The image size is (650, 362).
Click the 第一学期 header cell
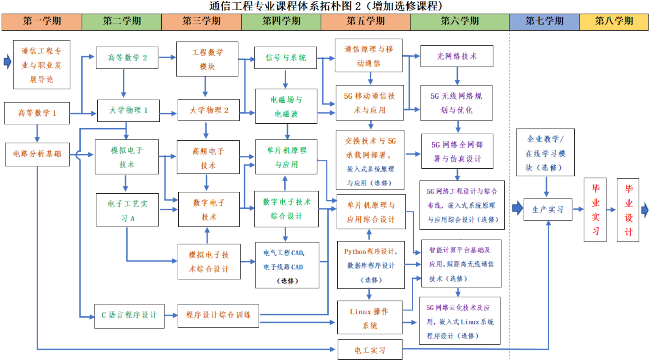pos(42,22)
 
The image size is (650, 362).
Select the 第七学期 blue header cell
pos(544,22)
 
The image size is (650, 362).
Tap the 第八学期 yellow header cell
pos(614,22)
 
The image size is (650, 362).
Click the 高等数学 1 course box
pos(37,113)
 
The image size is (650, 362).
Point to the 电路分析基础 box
pos(37,154)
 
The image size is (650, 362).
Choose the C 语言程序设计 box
pos(129,315)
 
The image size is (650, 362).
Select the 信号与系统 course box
pos(285,57)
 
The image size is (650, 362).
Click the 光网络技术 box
pos(457,56)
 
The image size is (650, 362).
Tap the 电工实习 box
pos(369,350)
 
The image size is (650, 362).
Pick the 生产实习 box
pos(547,209)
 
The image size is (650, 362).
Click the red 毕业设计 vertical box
pos(628,210)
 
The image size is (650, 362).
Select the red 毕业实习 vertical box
pos(595,210)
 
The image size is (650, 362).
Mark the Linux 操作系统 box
pos(369,318)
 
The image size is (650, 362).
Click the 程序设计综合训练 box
pos(218,315)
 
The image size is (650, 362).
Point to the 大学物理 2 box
pos(209,110)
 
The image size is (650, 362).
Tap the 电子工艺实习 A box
pos(127,210)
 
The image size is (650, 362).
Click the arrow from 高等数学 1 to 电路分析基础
pos(37,133)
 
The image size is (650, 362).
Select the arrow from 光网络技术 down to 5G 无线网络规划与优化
pos(457,76)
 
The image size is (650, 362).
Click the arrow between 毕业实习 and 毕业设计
pos(611,210)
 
